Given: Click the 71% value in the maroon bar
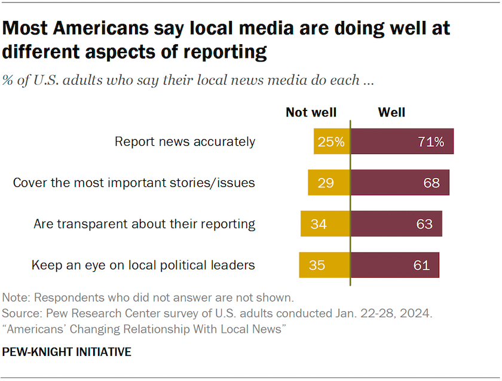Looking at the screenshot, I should click(430, 142).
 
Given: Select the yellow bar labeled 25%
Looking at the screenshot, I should click(332, 142).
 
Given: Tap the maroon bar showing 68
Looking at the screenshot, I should click(399, 183).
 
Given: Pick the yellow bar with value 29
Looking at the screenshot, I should click(329, 183).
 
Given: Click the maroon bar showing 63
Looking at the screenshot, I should click(396, 224).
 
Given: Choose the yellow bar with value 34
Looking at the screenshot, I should click(325, 224).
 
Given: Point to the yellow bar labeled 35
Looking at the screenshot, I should click(325, 265).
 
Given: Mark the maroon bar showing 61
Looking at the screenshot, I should click(394, 265).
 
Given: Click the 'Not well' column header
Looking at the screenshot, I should click(311, 112).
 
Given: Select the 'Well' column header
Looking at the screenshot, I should click(391, 112).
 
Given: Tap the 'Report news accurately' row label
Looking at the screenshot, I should click(185, 142).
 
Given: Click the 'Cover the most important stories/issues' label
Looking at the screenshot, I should click(134, 183).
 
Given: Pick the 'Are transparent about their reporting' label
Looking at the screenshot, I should click(144, 224).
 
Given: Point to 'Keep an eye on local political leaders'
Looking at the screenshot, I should click(143, 265).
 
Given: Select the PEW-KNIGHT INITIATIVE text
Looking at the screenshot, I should click(66, 352).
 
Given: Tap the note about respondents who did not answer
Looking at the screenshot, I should click(148, 297).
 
